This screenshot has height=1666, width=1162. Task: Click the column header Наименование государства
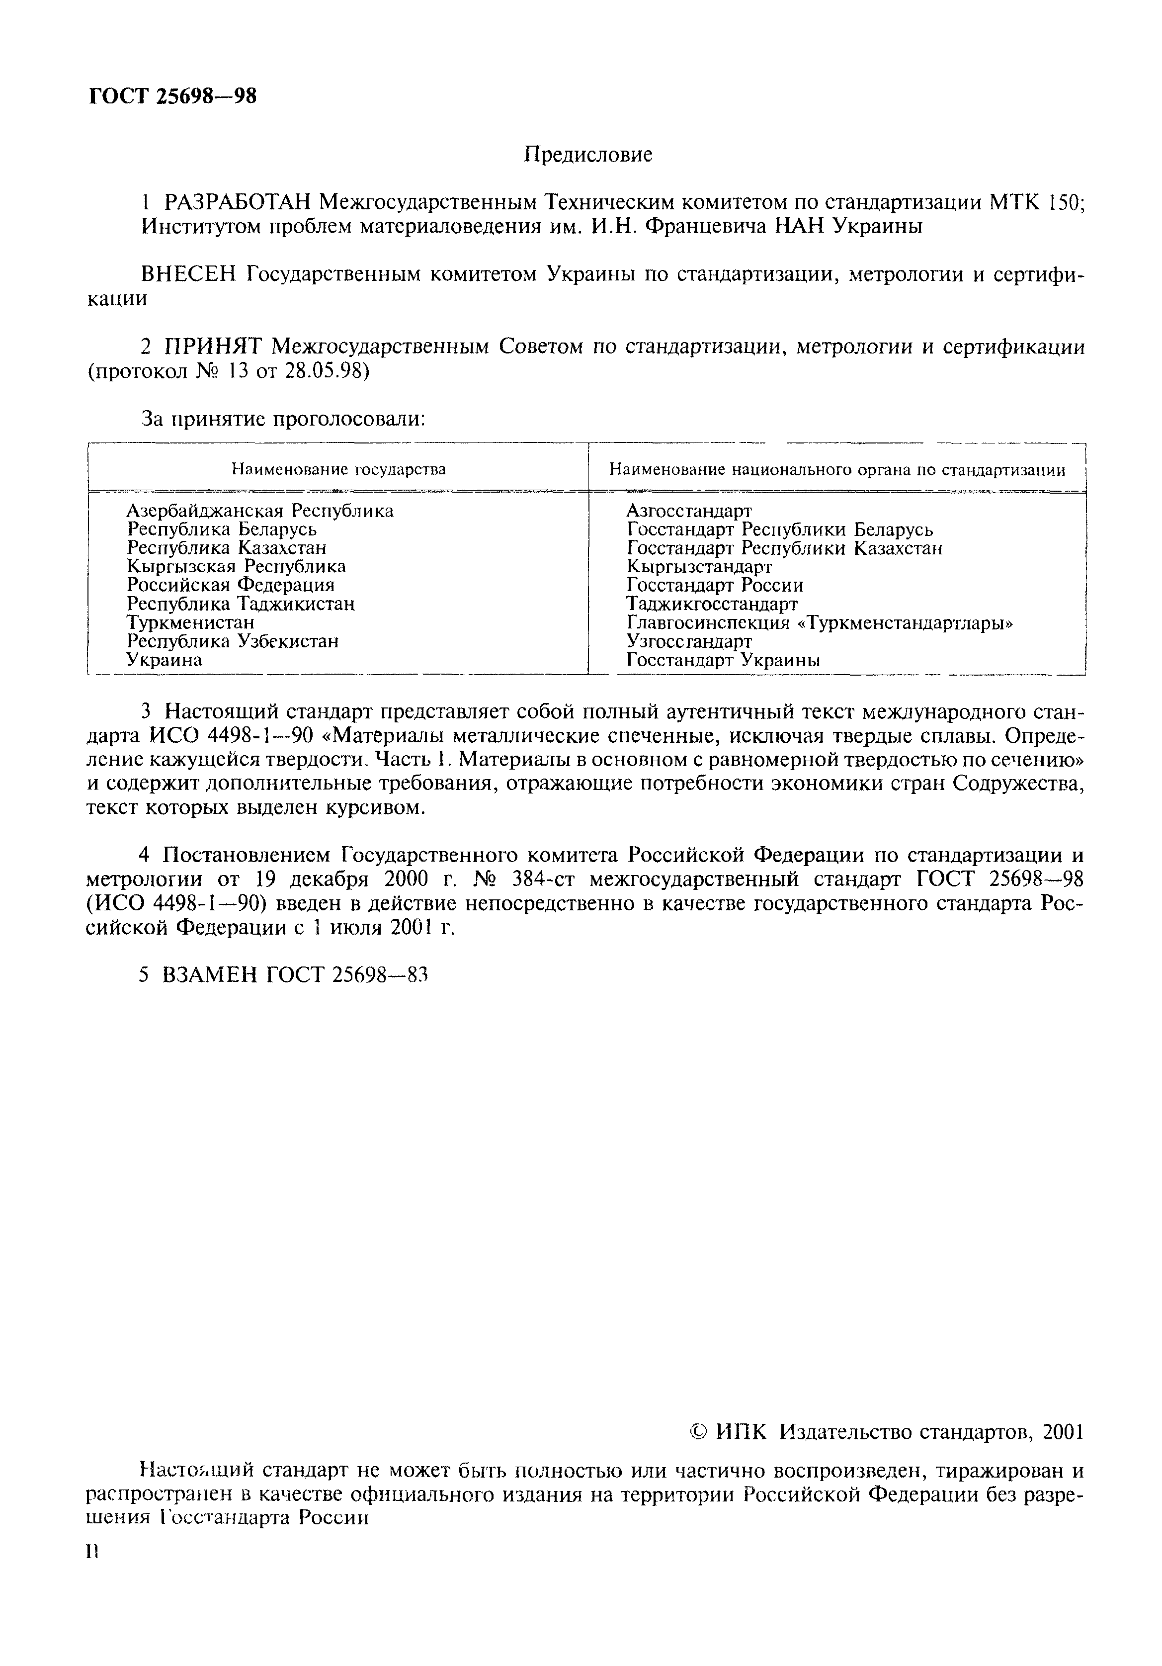338,469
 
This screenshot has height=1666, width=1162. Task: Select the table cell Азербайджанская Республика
259,511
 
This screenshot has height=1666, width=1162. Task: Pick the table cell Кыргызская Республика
236,566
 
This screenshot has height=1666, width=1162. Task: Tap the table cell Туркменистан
190,622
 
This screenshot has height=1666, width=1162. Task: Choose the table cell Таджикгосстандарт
712,604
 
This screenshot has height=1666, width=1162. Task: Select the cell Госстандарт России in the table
715,585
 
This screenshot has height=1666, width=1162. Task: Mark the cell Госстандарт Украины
723,660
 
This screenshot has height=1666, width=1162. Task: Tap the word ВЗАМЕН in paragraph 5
210,975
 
